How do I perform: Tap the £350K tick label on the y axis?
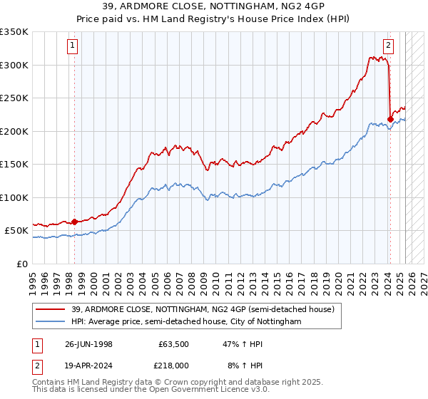pos(14,32)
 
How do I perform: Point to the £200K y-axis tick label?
pos(14,131)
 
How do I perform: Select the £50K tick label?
pos(16,231)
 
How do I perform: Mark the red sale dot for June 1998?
pos(75,222)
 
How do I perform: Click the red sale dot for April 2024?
pos(390,119)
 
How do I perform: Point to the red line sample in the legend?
pos(52,309)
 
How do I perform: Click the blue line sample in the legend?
pos(52,322)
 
